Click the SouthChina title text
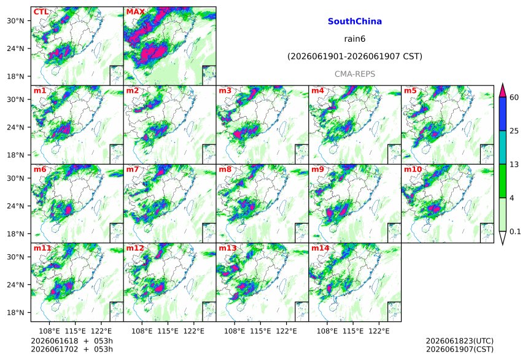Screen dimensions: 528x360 click(x=355, y=22)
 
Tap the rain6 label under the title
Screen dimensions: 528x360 click(x=355, y=39)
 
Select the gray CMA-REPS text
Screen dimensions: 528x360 click(x=355, y=74)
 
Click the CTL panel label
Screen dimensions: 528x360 click(x=41, y=12)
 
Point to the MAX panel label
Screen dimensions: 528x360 click(x=135, y=12)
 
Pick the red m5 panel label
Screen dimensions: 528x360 click(x=410, y=91)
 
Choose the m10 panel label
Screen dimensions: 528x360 click(x=413, y=169)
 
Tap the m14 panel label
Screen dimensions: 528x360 click(x=320, y=248)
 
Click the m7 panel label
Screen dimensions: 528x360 click(x=133, y=169)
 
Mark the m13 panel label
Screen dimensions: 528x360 click(x=228, y=248)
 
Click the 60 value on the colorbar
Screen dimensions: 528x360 click(x=514, y=98)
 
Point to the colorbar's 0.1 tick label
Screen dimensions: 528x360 click(x=515, y=232)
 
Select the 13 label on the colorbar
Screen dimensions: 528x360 click(x=514, y=165)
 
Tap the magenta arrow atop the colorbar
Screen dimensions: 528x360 click(x=503, y=90)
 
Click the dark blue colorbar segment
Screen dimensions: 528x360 click(x=503, y=114)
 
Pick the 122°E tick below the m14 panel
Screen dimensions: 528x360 click(x=379, y=331)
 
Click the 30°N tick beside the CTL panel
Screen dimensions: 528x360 click(x=15, y=21)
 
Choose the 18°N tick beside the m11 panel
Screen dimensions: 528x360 click(x=15, y=313)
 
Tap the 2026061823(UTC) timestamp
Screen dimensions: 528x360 click(x=460, y=341)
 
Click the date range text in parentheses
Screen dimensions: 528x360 click(x=355, y=56)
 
